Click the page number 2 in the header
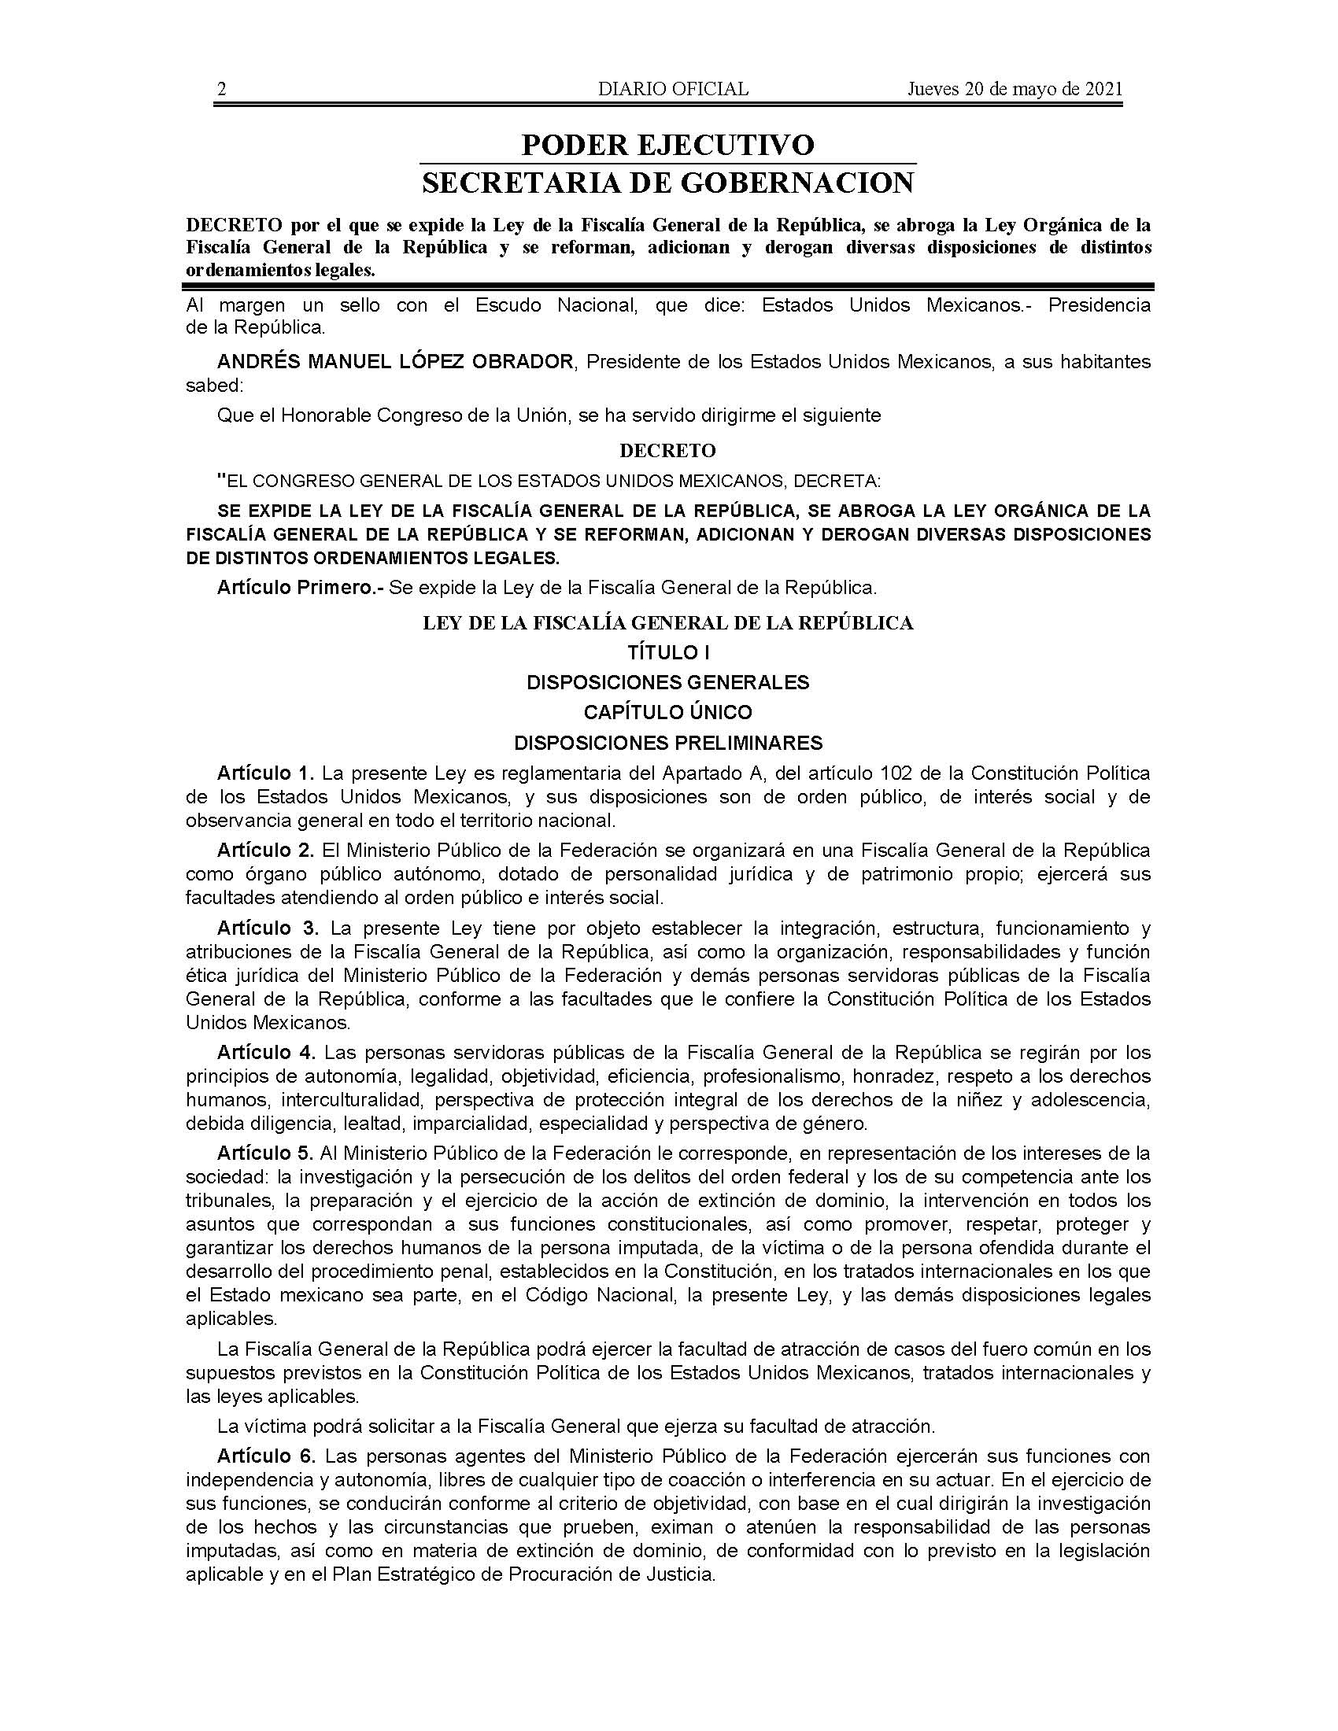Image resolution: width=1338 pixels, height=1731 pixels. [222, 89]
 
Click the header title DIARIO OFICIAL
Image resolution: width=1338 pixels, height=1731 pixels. [673, 89]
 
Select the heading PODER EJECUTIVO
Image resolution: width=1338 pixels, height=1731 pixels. [667, 145]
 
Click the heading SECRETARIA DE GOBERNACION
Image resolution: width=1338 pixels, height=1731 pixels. [667, 183]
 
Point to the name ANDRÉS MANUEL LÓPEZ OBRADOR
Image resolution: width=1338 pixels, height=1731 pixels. [395, 362]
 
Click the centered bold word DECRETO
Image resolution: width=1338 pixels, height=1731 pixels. [667, 451]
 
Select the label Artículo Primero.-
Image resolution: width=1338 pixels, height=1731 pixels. [300, 588]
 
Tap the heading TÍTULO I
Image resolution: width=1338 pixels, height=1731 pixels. [667, 652]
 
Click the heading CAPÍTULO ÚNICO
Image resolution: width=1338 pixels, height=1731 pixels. [667, 713]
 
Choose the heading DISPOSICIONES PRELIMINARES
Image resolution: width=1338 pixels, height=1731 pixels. [667, 743]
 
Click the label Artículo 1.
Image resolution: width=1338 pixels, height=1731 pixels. [266, 773]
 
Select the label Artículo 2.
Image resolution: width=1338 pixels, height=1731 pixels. [266, 851]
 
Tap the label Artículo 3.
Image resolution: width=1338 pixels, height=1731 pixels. [268, 928]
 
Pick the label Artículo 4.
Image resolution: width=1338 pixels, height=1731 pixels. [266, 1054]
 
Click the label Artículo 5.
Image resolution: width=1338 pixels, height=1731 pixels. [266, 1153]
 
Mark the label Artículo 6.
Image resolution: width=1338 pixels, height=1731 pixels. [266, 1456]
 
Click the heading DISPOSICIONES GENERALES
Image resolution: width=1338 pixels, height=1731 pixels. [667, 682]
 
